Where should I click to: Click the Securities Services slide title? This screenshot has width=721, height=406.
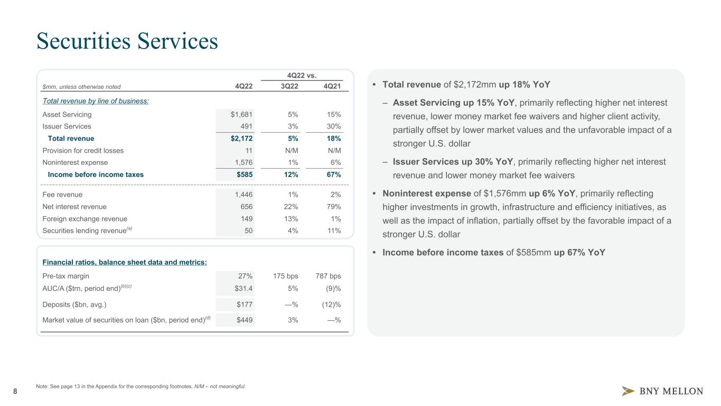pos(127,42)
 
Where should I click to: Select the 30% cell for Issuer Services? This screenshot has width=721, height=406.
pos(333,126)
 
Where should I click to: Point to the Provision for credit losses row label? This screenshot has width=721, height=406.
pos(83,151)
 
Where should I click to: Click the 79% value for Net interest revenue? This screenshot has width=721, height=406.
pos(333,207)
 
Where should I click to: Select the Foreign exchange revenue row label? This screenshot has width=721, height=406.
pos(85,219)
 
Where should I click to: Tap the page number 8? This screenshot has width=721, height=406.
pos(15,391)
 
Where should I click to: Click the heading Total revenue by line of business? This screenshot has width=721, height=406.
pos(96,100)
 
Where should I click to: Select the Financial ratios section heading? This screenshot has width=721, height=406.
pos(125,262)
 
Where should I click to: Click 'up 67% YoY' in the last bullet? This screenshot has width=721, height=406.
pos(579,253)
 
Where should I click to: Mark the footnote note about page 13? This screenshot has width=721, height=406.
pos(141,386)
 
